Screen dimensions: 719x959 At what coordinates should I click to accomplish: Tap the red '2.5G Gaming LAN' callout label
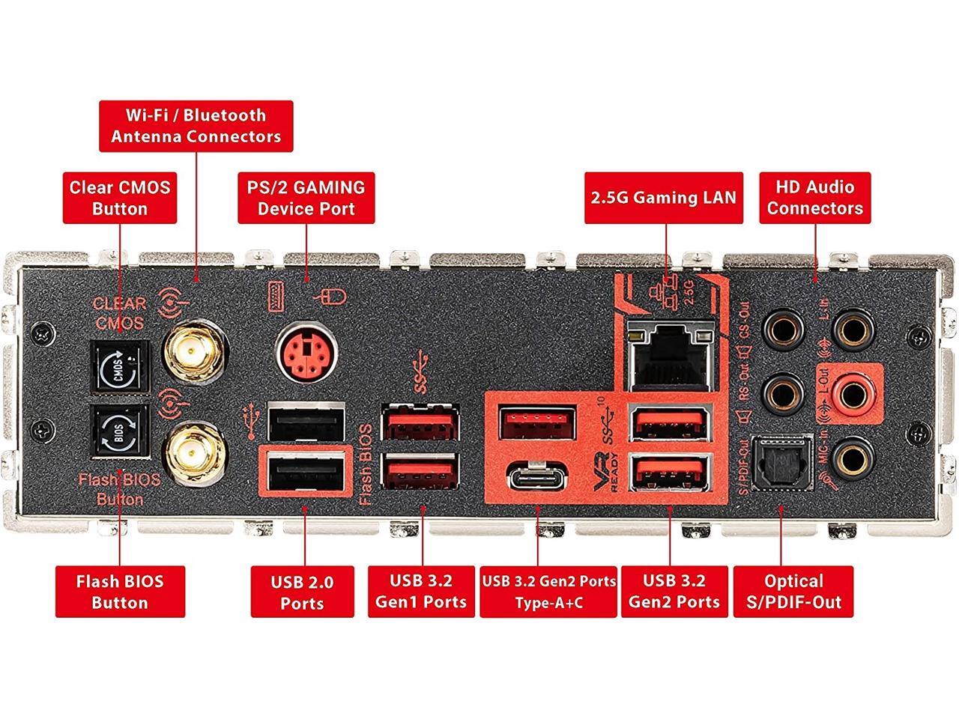coord(664,198)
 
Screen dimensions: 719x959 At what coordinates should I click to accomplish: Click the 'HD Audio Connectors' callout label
coord(814,198)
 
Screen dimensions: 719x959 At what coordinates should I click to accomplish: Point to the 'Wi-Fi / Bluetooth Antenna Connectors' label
coord(196,126)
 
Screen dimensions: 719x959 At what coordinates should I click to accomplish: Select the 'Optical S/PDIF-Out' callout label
coord(793,592)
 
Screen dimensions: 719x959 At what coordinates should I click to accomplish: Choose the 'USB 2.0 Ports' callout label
coord(302,592)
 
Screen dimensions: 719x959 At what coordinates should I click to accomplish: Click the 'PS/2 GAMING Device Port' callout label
coord(306,198)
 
